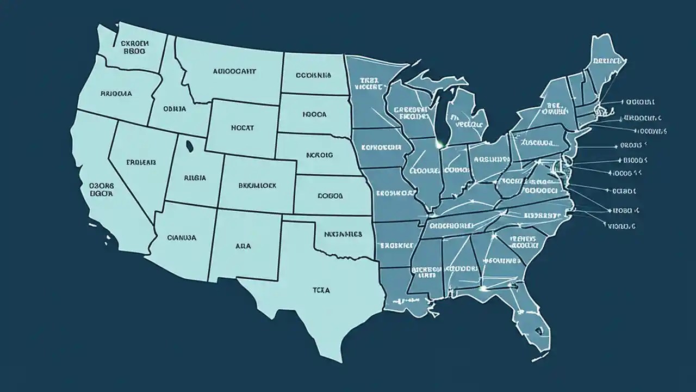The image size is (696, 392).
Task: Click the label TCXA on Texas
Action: point(321,291)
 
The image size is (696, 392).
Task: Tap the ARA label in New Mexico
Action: point(243,246)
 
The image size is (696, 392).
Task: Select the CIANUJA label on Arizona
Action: point(182,237)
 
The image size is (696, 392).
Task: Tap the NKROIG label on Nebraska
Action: point(320,155)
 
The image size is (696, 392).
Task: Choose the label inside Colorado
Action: point(257,185)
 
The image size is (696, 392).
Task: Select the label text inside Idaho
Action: point(175,109)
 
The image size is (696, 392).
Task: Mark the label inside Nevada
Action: point(141,162)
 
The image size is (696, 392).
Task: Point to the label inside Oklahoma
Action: point(343,235)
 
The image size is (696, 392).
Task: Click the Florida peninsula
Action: point(535,321)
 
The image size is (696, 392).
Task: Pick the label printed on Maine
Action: point(607,61)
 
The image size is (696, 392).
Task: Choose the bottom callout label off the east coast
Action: point(622,225)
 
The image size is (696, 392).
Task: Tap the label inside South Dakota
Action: point(315,115)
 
